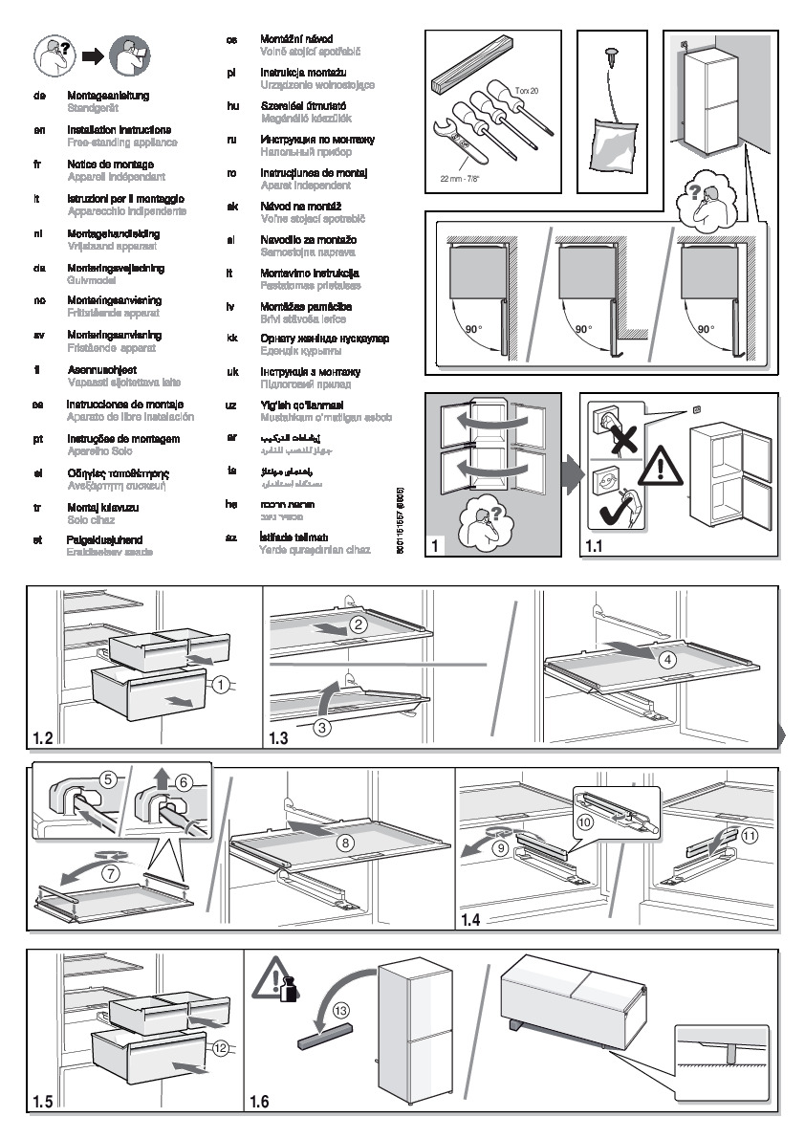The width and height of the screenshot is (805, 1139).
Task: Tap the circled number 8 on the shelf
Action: (345, 841)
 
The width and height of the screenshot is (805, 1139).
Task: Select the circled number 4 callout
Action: (668, 658)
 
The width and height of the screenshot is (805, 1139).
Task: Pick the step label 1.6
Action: (259, 1102)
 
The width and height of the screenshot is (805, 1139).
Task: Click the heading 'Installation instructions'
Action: (120, 129)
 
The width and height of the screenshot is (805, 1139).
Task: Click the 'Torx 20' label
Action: (527, 90)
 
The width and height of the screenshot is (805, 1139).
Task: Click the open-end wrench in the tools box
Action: (456, 139)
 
